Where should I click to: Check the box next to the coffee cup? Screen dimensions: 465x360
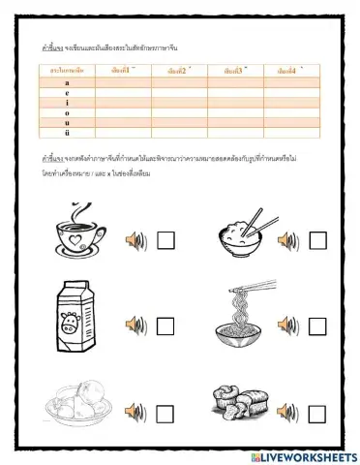point(165,239)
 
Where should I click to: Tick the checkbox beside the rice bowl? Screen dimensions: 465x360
point(316,239)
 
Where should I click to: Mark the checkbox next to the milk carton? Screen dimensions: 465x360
point(165,325)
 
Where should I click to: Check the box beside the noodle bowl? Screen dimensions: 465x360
point(316,325)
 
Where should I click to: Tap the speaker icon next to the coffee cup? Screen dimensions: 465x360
point(135,239)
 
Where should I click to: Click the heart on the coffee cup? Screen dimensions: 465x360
point(76,232)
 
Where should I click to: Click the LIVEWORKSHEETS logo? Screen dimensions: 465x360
point(302,454)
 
